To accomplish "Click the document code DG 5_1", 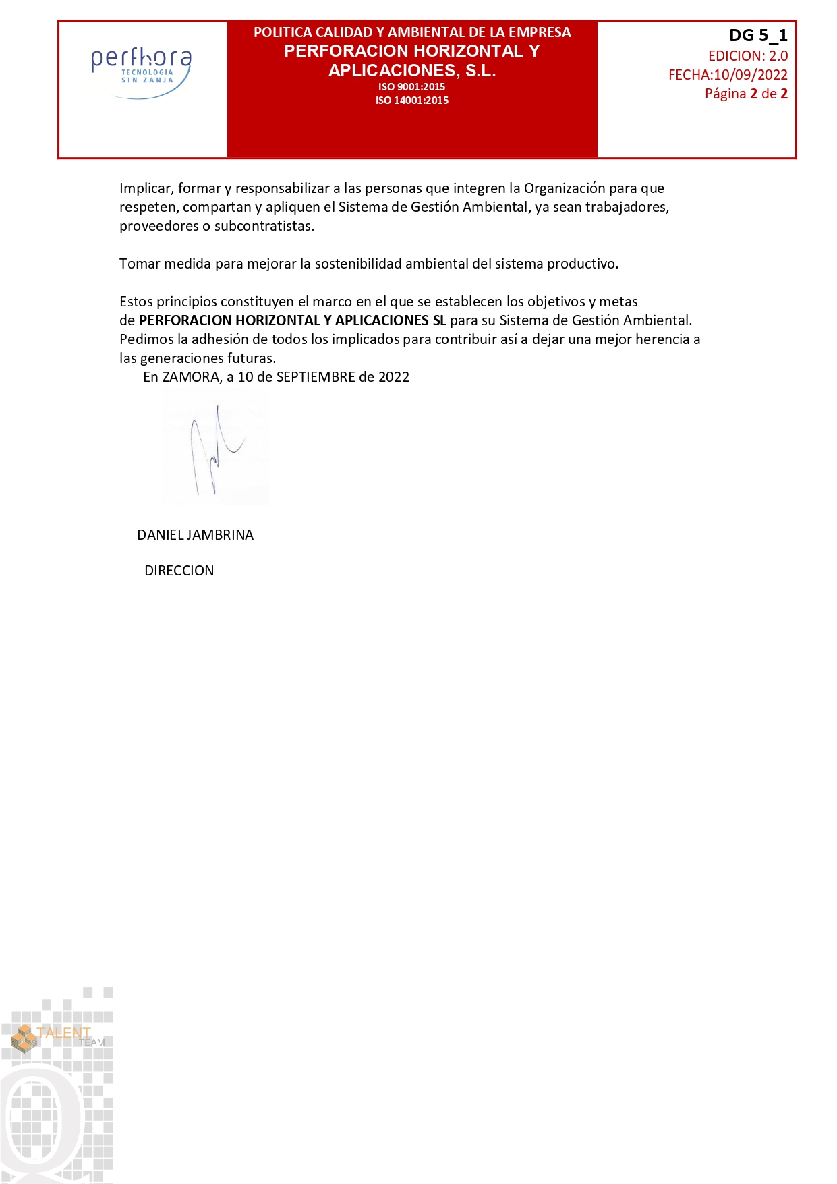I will pos(758,36).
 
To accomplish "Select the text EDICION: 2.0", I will pos(747,56).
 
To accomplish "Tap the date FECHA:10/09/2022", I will pos(728,75).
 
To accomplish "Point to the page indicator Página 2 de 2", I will pos(746,94).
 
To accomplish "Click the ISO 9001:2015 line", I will pos(411,87).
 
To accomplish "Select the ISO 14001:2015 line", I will pos(411,101).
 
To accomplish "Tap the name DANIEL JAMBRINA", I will pos(195,535).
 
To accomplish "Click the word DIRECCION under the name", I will pos(179,571).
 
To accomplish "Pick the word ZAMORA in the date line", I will pos(192,377).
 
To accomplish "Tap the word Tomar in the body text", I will pos(140,264).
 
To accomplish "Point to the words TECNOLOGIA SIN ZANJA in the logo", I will pos(147,76).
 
